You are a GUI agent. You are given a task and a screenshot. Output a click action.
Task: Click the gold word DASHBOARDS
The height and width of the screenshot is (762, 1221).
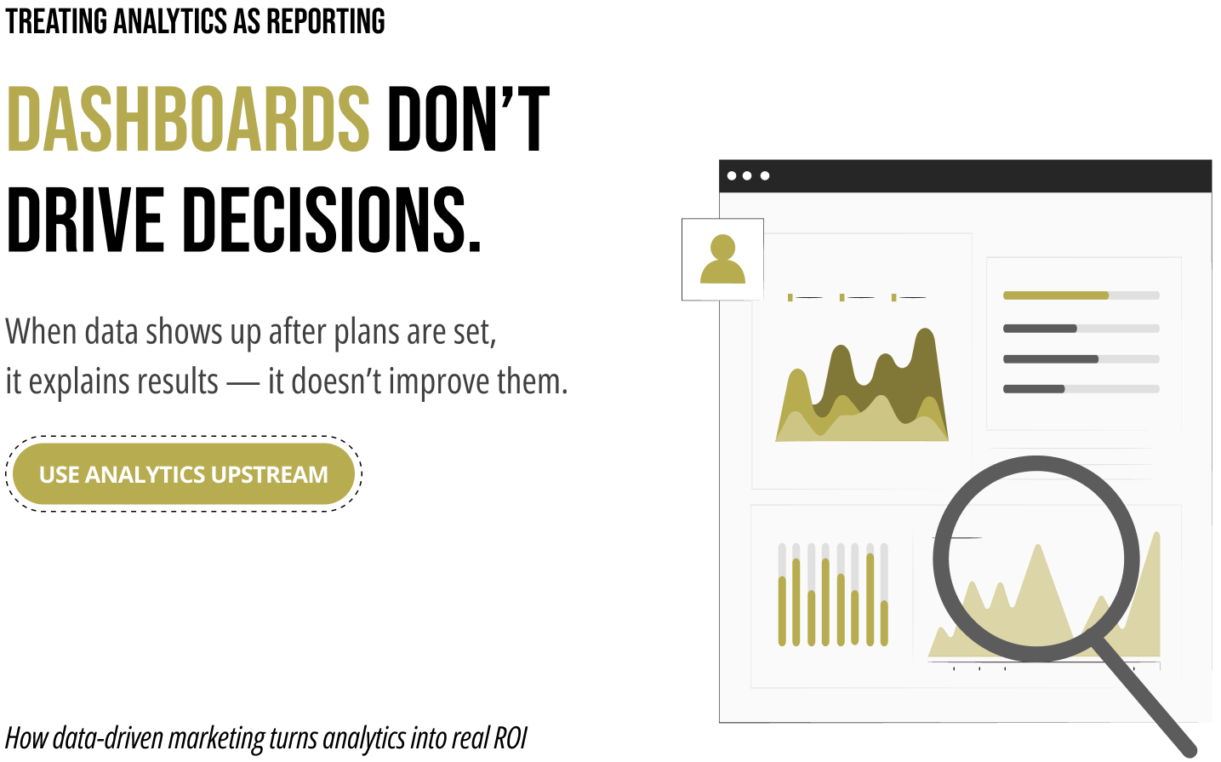pos(188,119)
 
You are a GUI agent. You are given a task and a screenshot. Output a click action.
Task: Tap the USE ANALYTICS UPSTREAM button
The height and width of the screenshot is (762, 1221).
pos(183,474)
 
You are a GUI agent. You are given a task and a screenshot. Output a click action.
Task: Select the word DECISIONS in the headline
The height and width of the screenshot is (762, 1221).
pos(333,220)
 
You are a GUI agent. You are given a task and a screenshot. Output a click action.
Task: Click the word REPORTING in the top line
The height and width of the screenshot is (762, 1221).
pos(325,21)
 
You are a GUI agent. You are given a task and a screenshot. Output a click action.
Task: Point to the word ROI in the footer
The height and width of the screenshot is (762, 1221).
pos(511,738)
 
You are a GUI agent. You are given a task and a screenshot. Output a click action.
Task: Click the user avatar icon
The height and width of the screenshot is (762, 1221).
pos(722,259)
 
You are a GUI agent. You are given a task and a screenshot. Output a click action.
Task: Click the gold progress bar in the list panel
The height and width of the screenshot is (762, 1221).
pos(1055,295)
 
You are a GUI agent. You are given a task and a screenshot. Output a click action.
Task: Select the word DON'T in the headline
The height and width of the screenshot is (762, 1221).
pos(468,119)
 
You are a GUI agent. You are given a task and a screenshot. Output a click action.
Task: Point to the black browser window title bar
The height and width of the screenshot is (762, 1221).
pos(965,175)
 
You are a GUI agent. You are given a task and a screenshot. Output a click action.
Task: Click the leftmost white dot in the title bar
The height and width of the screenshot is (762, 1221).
pos(732,176)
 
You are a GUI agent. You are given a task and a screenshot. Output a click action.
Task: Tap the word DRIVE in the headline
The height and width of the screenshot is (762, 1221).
pos(85,220)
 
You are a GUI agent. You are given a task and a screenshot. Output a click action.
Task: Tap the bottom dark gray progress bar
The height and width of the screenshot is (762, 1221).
pos(1034,389)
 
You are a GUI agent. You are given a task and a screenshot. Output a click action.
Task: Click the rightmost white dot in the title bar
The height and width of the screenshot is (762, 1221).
pos(765,176)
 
